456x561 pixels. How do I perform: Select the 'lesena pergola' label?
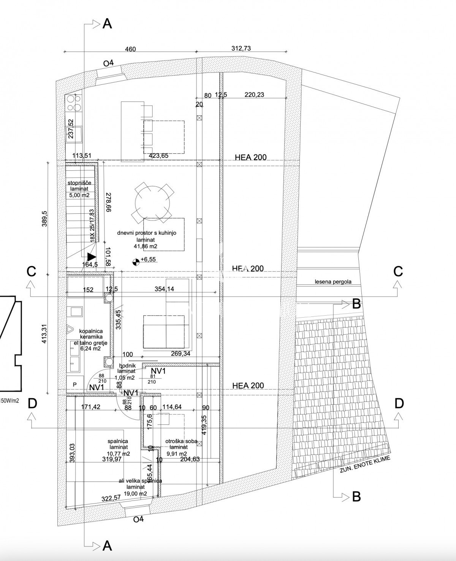tap(333, 282)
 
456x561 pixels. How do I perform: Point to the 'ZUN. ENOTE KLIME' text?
tap(365, 465)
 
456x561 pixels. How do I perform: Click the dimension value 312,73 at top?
tap(241, 48)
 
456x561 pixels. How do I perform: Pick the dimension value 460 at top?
tap(130, 49)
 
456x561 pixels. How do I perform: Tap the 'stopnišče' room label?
tap(79, 183)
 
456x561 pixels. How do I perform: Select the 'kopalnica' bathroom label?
tap(91, 331)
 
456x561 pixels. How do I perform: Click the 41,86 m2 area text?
tap(146, 246)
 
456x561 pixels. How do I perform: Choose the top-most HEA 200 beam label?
tap(250, 157)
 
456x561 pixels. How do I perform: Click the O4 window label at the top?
tap(109, 64)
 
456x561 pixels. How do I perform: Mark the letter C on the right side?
tap(398, 272)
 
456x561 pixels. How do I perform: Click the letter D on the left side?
tap(32, 403)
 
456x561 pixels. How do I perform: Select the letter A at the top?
tap(108, 24)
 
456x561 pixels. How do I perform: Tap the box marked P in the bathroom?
tap(75, 385)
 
